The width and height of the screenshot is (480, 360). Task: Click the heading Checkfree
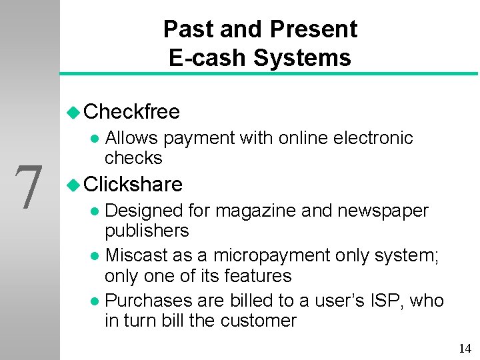click(x=132, y=111)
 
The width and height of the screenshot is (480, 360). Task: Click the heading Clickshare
click(x=133, y=183)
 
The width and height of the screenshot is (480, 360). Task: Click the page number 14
click(x=465, y=348)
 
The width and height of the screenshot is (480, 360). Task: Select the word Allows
click(x=131, y=138)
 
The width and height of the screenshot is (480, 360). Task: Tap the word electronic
click(x=374, y=138)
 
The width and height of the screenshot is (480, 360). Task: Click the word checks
click(x=133, y=158)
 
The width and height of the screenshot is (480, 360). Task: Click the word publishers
click(x=147, y=231)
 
